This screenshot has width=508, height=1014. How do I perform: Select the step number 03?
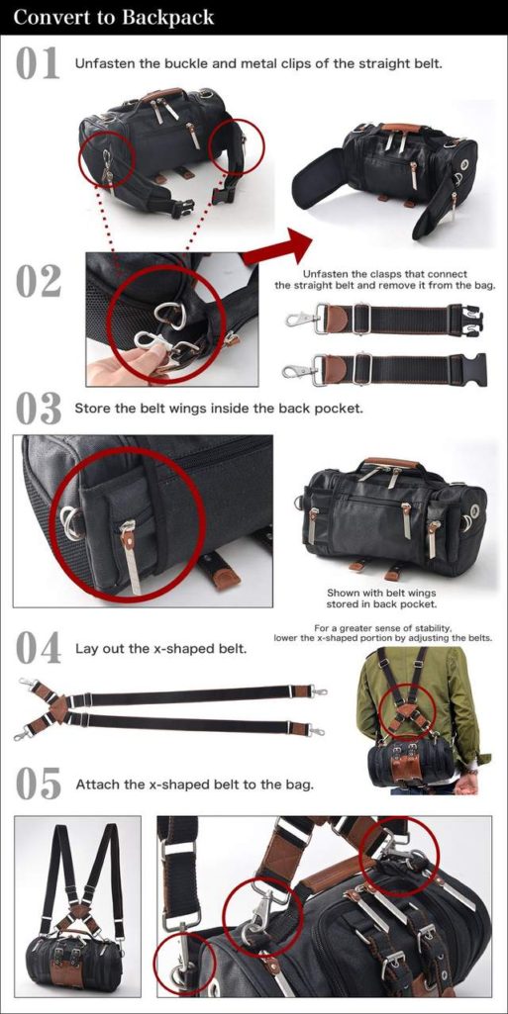(x=38, y=410)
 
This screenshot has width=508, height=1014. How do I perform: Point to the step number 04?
(x=38, y=649)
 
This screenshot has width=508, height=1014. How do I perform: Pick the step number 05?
(x=38, y=784)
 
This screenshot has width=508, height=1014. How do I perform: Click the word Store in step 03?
(x=90, y=410)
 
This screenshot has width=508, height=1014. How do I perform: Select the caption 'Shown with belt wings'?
(x=381, y=593)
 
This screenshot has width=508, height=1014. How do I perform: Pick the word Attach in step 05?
(x=93, y=785)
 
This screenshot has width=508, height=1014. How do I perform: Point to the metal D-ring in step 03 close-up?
(x=71, y=522)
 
